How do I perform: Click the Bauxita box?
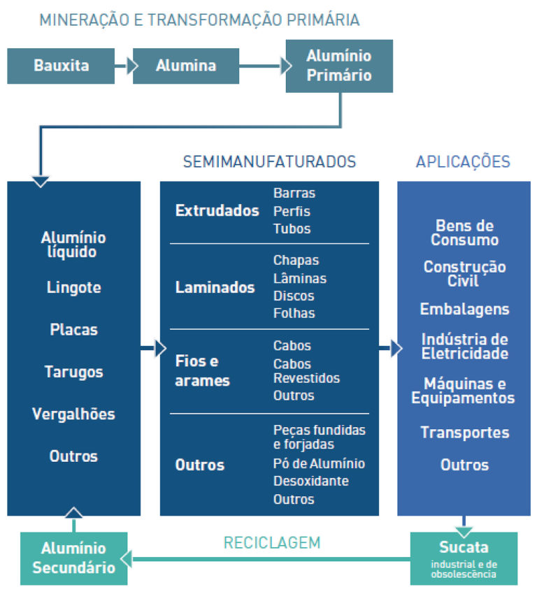click(61, 66)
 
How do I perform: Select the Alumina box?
click(185, 66)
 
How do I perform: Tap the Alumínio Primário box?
click(339, 66)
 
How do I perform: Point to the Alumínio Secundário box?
click(73, 558)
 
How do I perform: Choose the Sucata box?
click(464, 558)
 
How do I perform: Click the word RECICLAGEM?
click(271, 542)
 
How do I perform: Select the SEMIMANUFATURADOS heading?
click(269, 161)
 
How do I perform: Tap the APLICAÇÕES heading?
click(463, 161)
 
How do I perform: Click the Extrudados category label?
click(217, 210)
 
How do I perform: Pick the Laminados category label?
click(215, 287)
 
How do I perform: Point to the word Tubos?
click(292, 229)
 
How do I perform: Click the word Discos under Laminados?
click(294, 296)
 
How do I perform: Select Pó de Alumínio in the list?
click(319, 463)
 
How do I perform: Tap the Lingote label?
click(74, 287)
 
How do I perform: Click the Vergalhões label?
click(73, 414)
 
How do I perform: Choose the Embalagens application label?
click(464, 309)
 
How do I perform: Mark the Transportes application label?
click(464, 433)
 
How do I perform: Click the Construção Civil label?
click(464, 274)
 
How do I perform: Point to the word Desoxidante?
click(310, 481)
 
